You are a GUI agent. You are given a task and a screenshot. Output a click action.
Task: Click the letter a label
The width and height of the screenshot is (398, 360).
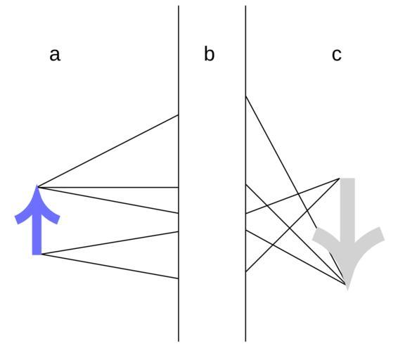55,55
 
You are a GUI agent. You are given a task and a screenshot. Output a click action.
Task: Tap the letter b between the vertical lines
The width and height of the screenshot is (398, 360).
209,53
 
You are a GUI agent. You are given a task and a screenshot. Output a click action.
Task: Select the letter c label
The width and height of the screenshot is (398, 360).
337,55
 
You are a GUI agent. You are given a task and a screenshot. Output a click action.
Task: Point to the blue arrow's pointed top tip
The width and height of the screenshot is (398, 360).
37,186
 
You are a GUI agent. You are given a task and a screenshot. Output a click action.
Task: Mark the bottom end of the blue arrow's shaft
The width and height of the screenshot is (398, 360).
37,254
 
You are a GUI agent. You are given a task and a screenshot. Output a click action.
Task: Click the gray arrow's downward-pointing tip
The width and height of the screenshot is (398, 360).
347,289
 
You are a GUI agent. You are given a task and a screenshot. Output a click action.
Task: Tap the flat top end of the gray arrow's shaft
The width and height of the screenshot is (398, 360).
347,179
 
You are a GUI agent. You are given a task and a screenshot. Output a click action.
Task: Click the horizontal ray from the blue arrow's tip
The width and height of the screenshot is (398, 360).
108,187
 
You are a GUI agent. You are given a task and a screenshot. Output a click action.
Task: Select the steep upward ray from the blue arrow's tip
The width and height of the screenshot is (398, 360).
108,151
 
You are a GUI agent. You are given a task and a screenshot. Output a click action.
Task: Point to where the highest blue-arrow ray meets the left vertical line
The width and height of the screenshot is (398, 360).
179,115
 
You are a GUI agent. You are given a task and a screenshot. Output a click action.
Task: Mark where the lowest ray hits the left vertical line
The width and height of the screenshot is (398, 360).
179,278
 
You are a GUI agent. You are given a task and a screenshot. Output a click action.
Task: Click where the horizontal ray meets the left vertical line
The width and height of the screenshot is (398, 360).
179,187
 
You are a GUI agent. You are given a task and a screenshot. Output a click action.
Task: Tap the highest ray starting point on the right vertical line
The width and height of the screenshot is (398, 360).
245,96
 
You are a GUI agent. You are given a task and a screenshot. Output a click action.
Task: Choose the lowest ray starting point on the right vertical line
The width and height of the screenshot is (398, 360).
245,271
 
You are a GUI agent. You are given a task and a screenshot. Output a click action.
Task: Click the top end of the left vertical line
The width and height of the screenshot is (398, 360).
179,6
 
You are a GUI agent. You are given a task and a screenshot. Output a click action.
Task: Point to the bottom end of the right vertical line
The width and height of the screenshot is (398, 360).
245,341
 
